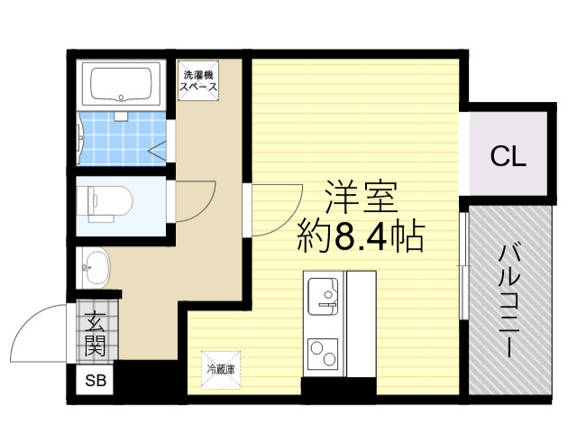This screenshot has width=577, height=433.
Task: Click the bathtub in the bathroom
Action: (x=121, y=84)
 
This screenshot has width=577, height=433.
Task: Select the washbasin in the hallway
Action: (x=95, y=268)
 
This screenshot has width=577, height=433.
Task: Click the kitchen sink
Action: (x=323, y=297)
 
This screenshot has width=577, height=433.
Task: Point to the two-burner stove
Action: (x=323, y=354)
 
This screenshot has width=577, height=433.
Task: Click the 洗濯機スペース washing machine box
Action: (x=198, y=80)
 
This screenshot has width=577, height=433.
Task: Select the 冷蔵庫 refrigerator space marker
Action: (x=221, y=369)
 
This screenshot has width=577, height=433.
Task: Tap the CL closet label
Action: (x=508, y=156)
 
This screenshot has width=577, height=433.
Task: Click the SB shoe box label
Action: (x=96, y=381)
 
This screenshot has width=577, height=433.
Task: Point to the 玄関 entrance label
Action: (x=96, y=334)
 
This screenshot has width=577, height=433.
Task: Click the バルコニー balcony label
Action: (x=508, y=301)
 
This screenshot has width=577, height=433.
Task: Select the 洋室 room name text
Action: (x=362, y=197)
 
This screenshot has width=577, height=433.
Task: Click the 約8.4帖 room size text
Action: (x=361, y=235)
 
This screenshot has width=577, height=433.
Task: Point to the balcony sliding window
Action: (x=464, y=265)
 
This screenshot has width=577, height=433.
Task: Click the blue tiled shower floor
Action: (x=123, y=138)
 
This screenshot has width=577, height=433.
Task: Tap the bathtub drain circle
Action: (x=121, y=97)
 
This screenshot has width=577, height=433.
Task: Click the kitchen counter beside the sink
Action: (x=362, y=324)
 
